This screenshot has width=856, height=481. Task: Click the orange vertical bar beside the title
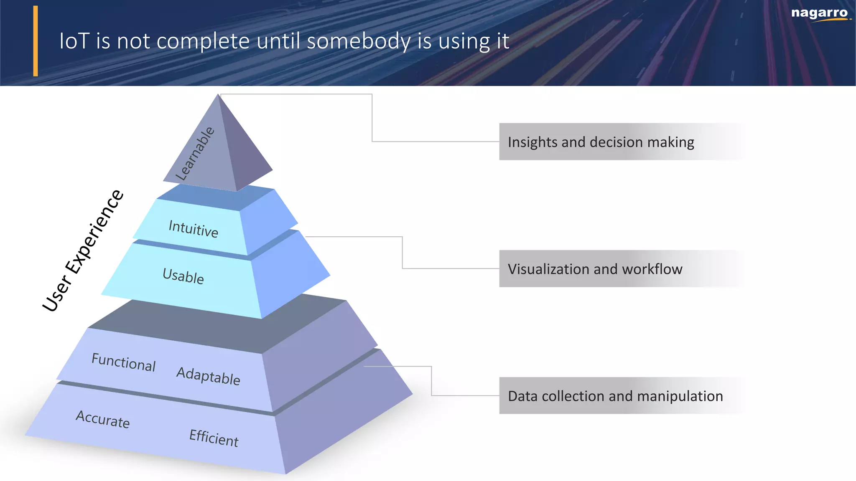tap(36, 41)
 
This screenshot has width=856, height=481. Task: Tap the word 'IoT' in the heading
tap(74, 41)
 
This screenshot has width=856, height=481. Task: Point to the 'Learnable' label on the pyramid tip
tap(195, 154)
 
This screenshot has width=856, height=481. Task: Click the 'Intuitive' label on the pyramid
tap(193, 228)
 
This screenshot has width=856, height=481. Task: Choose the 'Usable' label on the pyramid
tap(183, 276)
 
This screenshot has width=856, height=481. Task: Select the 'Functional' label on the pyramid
tap(124, 362)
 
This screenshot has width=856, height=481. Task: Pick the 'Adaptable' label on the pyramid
tap(208, 375)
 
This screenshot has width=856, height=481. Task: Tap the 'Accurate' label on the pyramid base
tap(103, 419)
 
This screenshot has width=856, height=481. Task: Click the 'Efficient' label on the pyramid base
tap(214, 438)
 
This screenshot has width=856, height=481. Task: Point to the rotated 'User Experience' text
tap(83, 251)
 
